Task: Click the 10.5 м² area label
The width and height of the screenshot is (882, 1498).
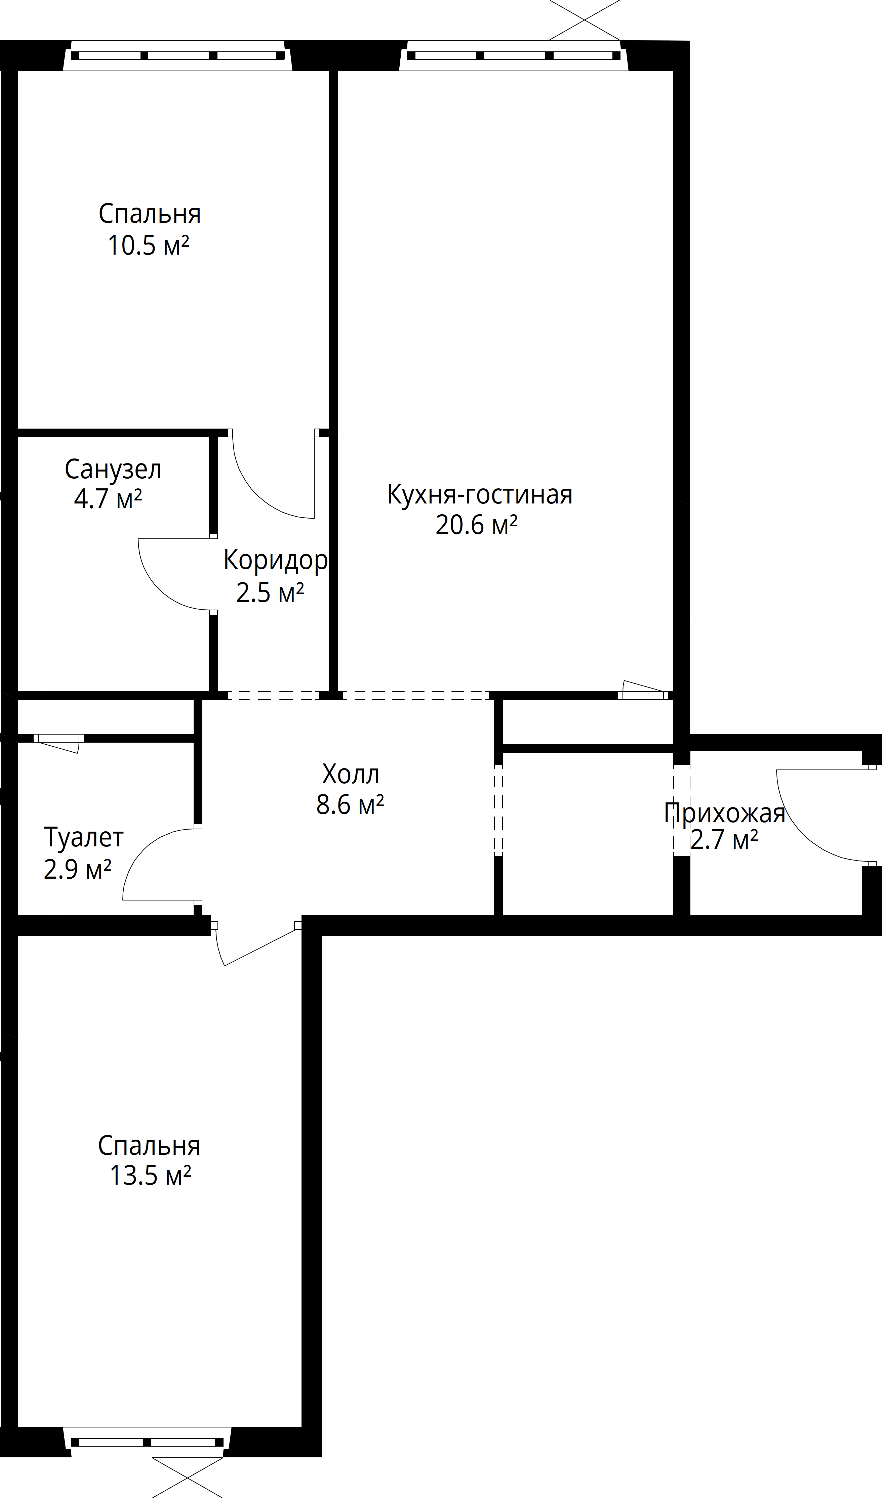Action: pyautogui.click(x=148, y=246)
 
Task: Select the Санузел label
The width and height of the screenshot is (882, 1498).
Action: pyautogui.click(x=113, y=470)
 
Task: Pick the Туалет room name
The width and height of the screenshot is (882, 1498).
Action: pyautogui.click(x=84, y=838)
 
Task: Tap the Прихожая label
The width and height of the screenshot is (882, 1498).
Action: pyautogui.click(x=724, y=813)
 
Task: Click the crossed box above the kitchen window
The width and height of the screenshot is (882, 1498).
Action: pyautogui.click(x=585, y=20)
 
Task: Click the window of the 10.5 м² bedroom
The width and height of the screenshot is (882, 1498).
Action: pyautogui.click(x=178, y=56)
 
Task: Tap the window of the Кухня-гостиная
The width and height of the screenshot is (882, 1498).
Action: pyautogui.click(x=514, y=56)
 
